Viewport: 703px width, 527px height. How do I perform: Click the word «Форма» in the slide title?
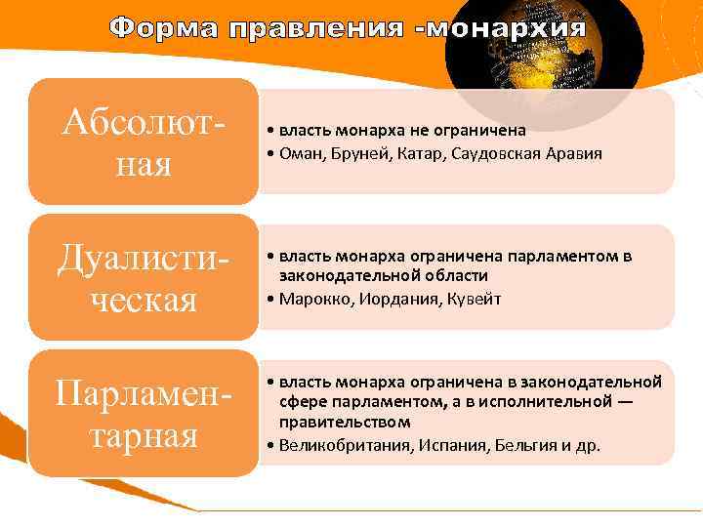tap(164, 28)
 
